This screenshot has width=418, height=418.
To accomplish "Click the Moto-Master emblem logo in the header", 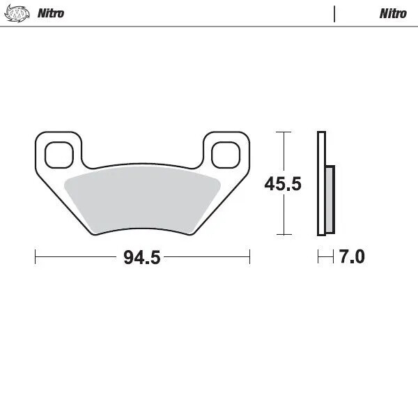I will coord(18,13).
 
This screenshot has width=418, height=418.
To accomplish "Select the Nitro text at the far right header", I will coord(393,13).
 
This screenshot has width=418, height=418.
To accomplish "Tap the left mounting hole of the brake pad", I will coord(59,154).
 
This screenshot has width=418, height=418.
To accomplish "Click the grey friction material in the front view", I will coord(142,199).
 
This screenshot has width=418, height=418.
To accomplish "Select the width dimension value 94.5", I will coord(142,258).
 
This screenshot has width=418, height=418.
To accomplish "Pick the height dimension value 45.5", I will coord(282,185).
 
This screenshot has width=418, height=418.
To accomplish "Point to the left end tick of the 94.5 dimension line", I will coord(36,257).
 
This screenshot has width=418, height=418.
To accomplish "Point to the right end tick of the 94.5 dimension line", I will coord(249,257).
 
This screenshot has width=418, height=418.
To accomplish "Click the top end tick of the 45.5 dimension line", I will coord(282,132).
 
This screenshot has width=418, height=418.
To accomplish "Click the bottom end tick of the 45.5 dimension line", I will coord(282,235).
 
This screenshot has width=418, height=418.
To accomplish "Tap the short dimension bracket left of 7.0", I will coord(323,257).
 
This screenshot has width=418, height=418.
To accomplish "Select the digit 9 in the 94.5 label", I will coord(129,258).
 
